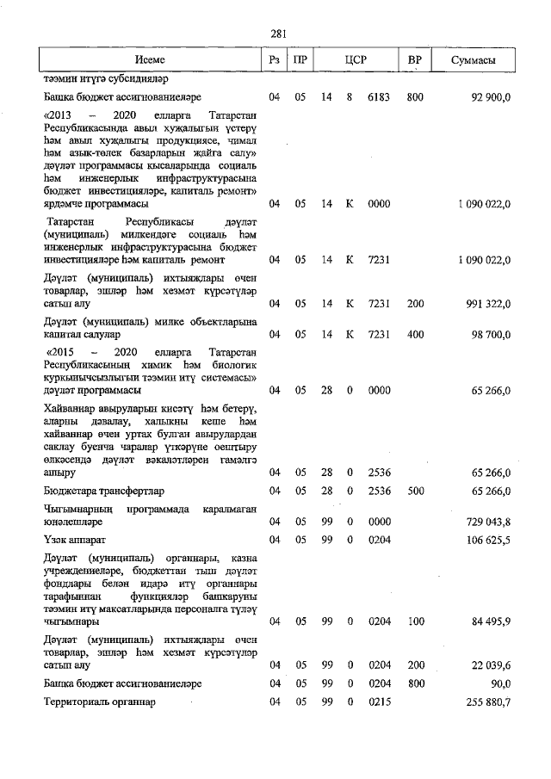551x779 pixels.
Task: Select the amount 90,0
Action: tap(501, 683)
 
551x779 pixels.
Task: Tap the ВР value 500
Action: tap(415, 491)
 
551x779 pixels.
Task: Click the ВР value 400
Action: tap(415, 333)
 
